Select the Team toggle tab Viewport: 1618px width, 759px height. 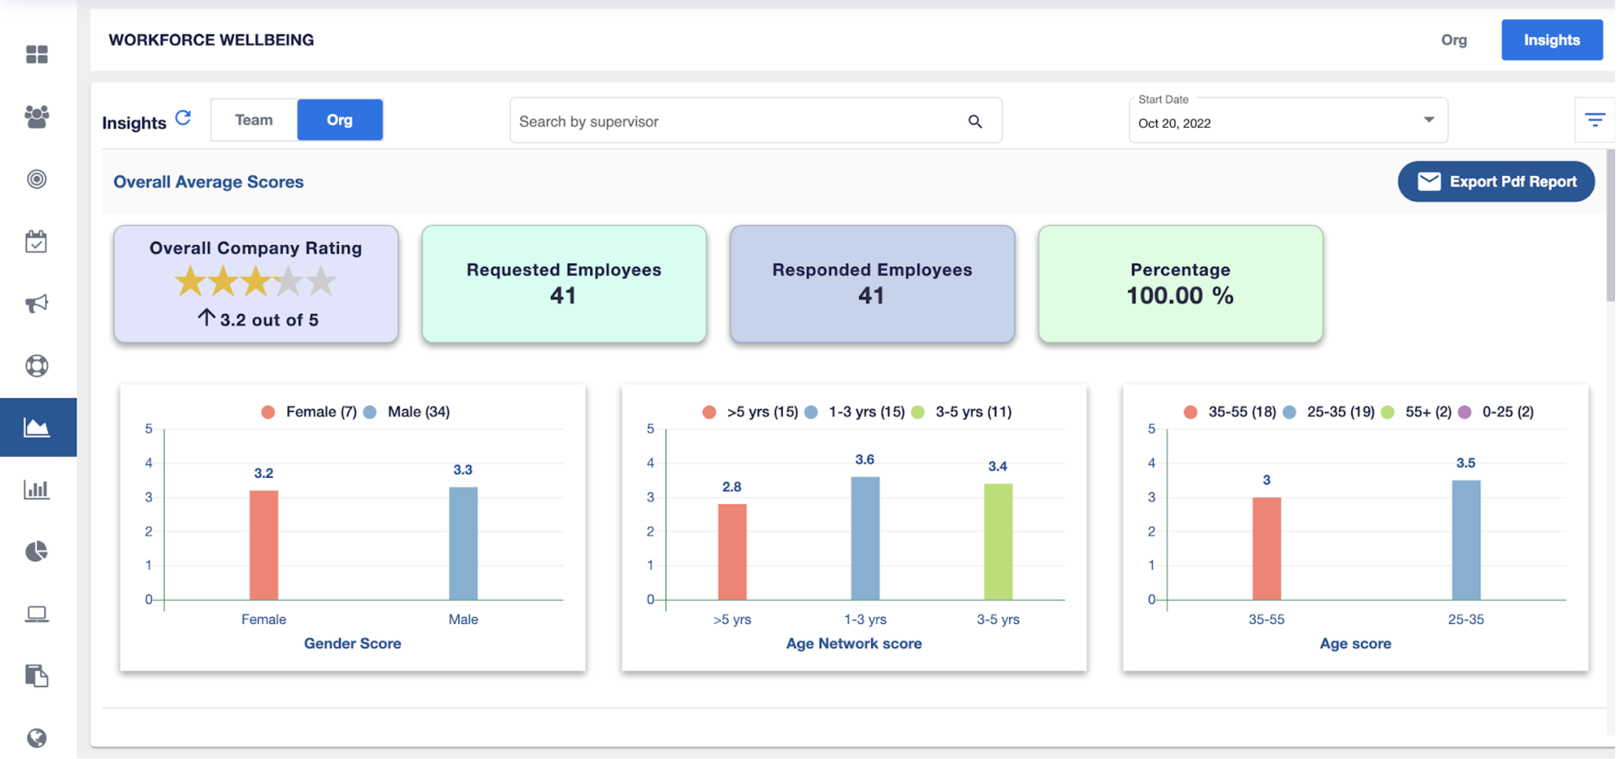pos(254,120)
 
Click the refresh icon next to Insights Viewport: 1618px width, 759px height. pos(183,117)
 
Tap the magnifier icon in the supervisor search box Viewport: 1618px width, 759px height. pos(974,121)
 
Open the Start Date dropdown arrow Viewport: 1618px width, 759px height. pos(1428,119)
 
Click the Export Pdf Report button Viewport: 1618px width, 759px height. pos(1495,182)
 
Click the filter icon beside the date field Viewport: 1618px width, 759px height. pos(1594,119)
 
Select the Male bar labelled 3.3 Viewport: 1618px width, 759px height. pos(463,543)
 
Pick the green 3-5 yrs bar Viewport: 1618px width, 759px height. pos(998,541)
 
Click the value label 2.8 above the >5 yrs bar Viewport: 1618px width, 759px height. pos(731,487)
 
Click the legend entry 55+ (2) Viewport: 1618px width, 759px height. pos(1427,412)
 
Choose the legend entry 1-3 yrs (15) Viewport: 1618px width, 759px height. pos(865,412)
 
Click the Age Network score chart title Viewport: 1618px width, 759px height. pos(853,643)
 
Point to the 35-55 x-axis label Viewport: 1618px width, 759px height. pos(1266,620)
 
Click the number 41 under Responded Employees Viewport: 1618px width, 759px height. pos(871,295)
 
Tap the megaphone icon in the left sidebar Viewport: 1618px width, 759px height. pos(36,304)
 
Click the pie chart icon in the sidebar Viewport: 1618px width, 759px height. pos(36,551)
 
